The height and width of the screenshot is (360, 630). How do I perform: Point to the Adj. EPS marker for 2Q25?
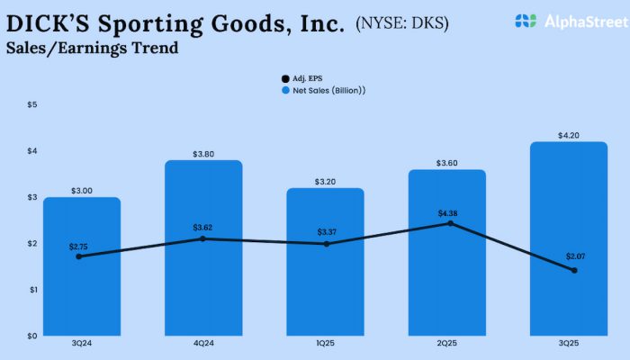pyautogui.click(x=448, y=223)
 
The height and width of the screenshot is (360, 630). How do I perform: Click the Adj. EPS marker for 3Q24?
pyautogui.click(x=79, y=256)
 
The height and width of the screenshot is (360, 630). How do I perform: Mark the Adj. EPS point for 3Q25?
pyautogui.click(x=574, y=270)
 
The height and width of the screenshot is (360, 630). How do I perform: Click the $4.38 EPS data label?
pyautogui.click(x=447, y=212)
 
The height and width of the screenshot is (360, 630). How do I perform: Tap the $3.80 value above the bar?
pyautogui.click(x=204, y=154)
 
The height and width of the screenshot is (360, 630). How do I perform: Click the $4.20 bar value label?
pyautogui.click(x=569, y=136)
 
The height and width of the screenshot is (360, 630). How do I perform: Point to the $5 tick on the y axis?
pyautogui.click(x=31, y=104)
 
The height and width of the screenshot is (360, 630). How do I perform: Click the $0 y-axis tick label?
pyautogui.click(x=31, y=336)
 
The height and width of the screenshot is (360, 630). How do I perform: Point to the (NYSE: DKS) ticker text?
pyautogui.click(x=403, y=21)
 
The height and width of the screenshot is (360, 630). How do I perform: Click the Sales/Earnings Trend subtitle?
pyautogui.click(x=92, y=49)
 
